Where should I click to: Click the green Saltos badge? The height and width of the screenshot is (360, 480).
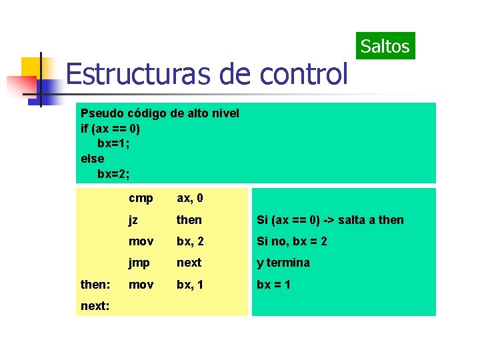(385, 46)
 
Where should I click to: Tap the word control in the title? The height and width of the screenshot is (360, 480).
(304, 73)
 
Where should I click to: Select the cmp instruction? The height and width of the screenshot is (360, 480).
(141, 199)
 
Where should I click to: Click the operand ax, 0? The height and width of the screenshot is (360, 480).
(190, 199)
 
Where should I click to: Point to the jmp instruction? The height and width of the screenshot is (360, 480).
(140, 263)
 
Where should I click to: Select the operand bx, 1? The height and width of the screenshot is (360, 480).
(190, 285)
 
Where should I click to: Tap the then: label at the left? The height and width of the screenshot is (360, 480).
(95, 285)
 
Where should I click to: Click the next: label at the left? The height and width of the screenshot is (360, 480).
(95, 307)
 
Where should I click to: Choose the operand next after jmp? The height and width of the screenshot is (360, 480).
(189, 263)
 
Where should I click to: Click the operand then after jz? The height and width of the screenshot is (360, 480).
(189, 220)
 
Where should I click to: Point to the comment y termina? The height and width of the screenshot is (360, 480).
(283, 263)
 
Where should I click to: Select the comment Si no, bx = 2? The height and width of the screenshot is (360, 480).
(292, 241)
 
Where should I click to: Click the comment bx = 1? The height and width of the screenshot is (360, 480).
(275, 285)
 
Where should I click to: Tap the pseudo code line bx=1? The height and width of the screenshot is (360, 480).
(113, 143)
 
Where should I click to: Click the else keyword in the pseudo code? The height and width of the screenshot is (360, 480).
(92, 159)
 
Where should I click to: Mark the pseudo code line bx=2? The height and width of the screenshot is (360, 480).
(113, 174)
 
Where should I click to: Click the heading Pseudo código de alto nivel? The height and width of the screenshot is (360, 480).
(159, 113)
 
